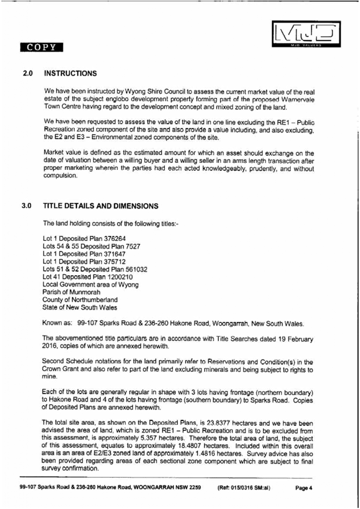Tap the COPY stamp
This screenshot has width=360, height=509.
[x=41, y=47]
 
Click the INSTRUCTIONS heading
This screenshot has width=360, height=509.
[x=70, y=74]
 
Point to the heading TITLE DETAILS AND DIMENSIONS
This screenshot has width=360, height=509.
[x=101, y=206]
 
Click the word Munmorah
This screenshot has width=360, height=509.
[x=80, y=292]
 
